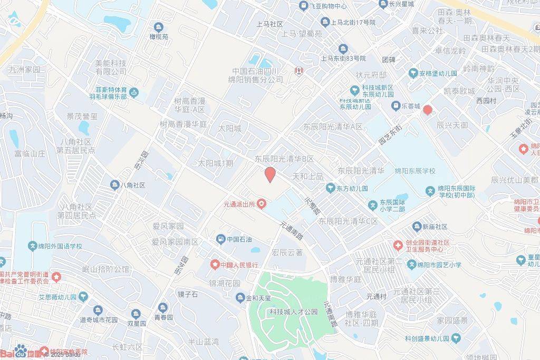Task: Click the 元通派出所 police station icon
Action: click(x=261, y=205)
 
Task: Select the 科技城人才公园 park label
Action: click(x=294, y=312)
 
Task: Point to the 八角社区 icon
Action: click(x=114, y=185)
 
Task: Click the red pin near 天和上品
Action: click(x=269, y=174)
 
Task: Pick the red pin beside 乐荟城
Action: click(x=427, y=110)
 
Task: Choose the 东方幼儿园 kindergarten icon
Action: click(x=330, y=188)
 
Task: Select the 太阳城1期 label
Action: click(x=215, y=163)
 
